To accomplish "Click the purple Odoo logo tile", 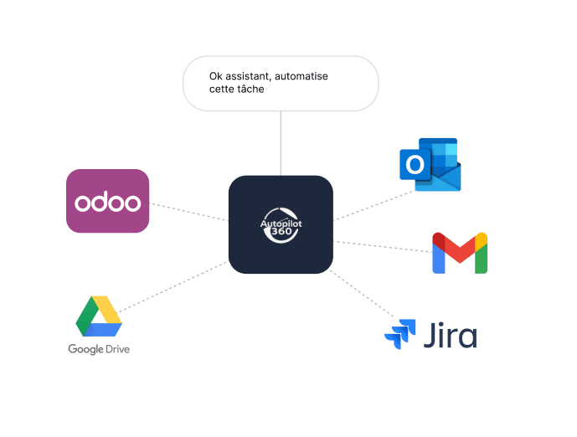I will tap(107, 201).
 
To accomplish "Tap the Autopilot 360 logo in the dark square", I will tap(281, 224).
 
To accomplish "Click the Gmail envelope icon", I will tap(460, 253).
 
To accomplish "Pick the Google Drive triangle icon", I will tap(99, 316).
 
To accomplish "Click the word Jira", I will tap(450, 336).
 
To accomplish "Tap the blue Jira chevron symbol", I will tap(399, 334).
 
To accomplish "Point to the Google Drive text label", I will tap(99, 348).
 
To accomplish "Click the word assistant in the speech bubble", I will tap(250, 76).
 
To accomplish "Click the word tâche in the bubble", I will tap(250, 90).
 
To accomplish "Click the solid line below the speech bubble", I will tap(281, 142).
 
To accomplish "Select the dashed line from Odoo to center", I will tap(188, 211).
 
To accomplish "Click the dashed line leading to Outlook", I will tap(374, 206).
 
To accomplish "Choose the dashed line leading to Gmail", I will tap(382, 246).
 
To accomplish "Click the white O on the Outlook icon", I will tap(415, 166).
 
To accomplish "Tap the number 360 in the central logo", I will tap(281, 235).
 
